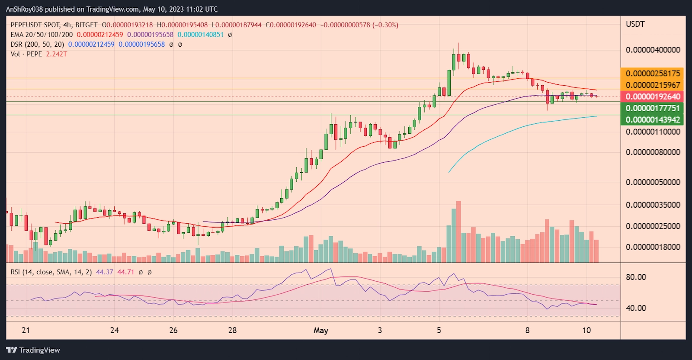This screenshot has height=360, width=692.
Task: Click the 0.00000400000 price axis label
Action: point(653,50)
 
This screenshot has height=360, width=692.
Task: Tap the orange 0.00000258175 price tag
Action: point(653,74)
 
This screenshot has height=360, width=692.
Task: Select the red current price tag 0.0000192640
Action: point(653,96)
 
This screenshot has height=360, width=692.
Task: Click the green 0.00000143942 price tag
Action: point(653,120)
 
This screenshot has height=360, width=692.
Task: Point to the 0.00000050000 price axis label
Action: point(653,182)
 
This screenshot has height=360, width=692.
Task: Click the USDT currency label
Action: point(635,24)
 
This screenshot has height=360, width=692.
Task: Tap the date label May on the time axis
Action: point(321,331)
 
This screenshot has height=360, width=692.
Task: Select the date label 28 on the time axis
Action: point(232,331)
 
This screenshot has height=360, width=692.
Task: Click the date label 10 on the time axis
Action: point(586,331)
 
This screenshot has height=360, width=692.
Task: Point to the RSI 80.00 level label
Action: point(636,277)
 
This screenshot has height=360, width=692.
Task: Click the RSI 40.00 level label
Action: point(636,309)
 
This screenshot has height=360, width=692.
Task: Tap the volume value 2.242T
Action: point(56,54)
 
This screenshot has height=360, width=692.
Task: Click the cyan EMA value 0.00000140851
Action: point(200,35)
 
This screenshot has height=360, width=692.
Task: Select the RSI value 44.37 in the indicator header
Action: point(105,272)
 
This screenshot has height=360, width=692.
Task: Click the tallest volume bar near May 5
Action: point(458,231)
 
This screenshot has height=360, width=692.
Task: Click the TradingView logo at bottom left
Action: point(33,350)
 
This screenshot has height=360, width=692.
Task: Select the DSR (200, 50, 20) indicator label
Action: point(37,44)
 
